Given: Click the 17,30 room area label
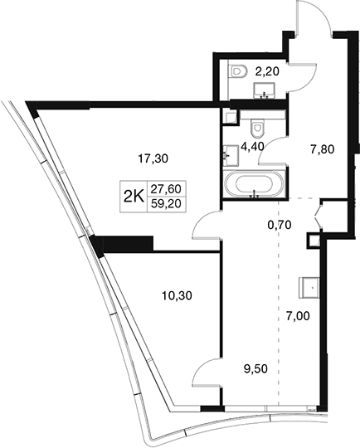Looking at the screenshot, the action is click(153, 158).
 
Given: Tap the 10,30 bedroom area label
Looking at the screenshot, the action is click(177, 295).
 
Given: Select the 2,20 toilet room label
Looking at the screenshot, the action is click(267, 71).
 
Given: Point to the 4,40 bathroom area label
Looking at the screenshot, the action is click(252, 147).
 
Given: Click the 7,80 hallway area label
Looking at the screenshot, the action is click(323, 149).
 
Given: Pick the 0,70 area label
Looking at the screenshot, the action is click(280, 225).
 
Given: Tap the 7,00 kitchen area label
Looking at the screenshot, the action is click(298, 316).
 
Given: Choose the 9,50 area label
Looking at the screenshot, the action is click(255, 369).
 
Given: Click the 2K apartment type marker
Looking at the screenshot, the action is click(134, 197).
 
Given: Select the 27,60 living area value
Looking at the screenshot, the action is click(166, 189).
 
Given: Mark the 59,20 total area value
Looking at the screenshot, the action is click(166, 204).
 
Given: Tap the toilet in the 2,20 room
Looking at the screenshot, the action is click(238, 71).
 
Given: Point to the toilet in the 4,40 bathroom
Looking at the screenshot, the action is click(256, 128).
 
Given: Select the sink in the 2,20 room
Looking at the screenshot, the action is click(265, 90).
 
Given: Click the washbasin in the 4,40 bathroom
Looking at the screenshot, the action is click(231, 155).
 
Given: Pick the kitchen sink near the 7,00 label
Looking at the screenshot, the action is click(309, 287).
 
